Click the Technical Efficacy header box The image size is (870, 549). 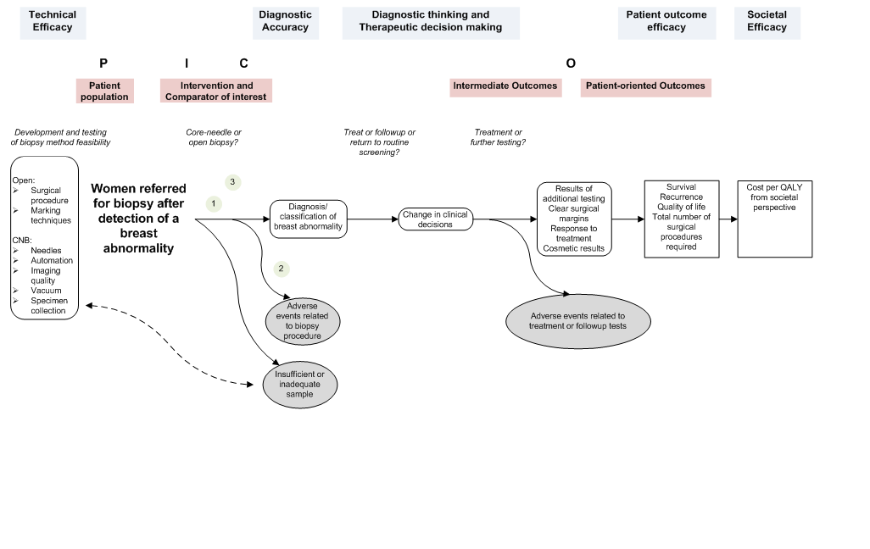(53, 21)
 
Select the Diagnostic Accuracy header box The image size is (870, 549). (285, 21)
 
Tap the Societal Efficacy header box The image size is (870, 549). (767, 21)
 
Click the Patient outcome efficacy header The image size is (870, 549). (666, 21)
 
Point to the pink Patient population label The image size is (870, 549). (104, 91)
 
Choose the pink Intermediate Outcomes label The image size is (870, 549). (505, 86)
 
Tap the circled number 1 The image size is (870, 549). (215, 203)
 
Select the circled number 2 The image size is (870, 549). (282, 269)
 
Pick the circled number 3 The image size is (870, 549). (232, 182)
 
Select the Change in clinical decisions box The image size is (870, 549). (435, 219)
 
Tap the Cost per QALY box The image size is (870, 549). (768, 219)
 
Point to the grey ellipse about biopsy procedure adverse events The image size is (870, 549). (304, 320)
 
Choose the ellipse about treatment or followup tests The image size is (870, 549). (577, 320)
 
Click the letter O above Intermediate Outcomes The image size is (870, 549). (571, 64)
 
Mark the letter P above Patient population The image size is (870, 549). (103, 64)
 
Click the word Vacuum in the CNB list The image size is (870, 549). (46, 291)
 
